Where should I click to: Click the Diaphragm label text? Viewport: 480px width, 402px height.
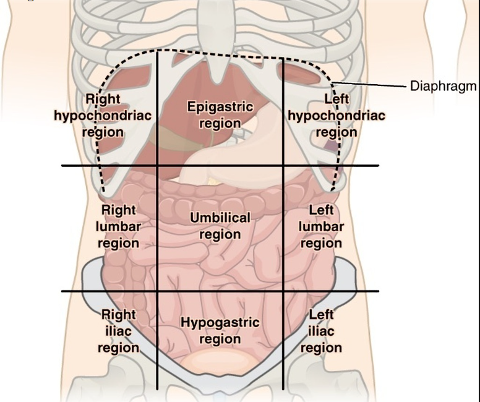pyautogui.click(x=444, y=85)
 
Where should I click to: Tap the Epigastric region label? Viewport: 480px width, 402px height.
pyautogui.click(x=220, y=114)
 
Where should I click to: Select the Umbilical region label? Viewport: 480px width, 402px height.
pyautogui.click(x=220, y=226)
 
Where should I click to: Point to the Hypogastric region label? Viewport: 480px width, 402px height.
pyautogui.click(x=220, y=331)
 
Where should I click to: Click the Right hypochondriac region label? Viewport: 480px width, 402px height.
pyautogui.click(x=103, y=115)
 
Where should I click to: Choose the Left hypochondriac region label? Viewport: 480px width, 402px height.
pyautogui.click(x=336, y=115)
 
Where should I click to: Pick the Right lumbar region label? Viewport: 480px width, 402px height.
pyautogui.click(x=118, y=226)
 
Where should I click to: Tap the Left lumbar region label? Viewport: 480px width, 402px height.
pyautogui.click(x=321, y=226)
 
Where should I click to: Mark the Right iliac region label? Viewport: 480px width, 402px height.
pyautogui.click(x=118, y=331)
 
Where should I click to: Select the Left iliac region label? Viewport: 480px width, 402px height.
pyautogui.click(x=321, y=331)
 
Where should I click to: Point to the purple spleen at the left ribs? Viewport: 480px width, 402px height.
pyautogui.click(x=332, y=147)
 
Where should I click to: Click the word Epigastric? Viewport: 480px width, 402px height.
pyautogui.click(x=220, y=106)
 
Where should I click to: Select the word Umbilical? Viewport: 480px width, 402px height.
pyautogui.click(x=220, y=218)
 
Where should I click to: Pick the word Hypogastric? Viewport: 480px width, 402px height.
pyautogui.click(x=220, y=323)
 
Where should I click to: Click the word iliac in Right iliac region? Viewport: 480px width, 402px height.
pyautogui.click(x=118, y=331)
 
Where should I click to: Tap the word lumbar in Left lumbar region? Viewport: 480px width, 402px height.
pyautogui.click(x=321, y=226)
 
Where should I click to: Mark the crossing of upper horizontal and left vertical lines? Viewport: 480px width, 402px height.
pyautogui.click(x=157, y=165)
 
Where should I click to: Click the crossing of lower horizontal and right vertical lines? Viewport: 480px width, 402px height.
pyautogui.click(x=283, y=291)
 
